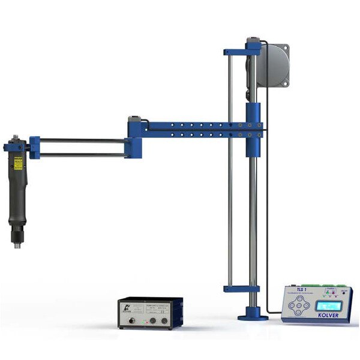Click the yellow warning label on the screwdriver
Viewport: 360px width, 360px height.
click(x=18, y=163)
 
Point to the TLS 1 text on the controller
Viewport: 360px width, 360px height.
click(x=307, y=289)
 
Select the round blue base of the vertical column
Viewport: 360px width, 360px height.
click(x=253, y=316)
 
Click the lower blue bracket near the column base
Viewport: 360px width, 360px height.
click(x=241, y=289)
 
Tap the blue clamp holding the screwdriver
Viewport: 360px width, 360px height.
click(x=34, y=147)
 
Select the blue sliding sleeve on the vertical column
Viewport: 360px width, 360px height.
click(x=252, y=129)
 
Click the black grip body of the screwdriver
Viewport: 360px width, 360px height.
click(x=17, y=198)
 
